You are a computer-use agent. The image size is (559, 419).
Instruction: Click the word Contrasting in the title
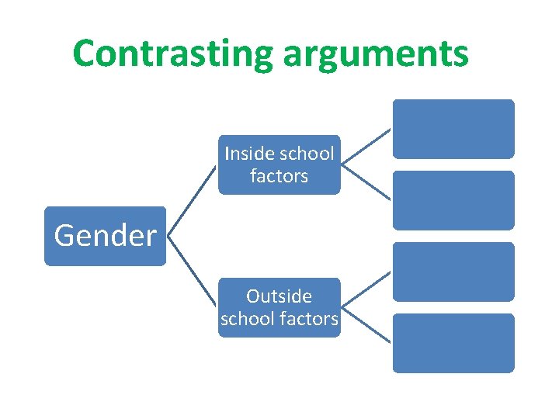pyautogui.click(x=172, y=53)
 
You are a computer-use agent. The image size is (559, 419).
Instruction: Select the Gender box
pyautogui.click(x=105, y=236)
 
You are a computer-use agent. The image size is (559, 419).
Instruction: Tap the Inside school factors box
pyautogui.click(x=279, y=164)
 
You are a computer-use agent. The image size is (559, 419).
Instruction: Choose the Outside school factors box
pyautogui.click(x=279, y=307)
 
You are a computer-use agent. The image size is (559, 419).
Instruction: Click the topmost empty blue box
pyautogui.click(x=453, y=129)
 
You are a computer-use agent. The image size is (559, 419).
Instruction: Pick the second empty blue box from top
pyautogui.click(x=453, y=200)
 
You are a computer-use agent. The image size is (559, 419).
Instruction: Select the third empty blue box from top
pyautogui.click(x=453, y=272)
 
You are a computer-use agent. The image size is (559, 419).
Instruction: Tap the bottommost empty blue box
pyautogui.click(x=453, y=343)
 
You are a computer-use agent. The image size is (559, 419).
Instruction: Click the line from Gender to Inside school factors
pyautogui.click(x=193, y=200)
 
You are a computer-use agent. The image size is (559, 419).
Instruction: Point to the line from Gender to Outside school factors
pyautogui.click(x=193, y=272)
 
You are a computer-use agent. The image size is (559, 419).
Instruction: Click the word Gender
pyautogui.click(x=105, y=236)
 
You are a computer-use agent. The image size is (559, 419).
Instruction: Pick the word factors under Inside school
pyautogui.click(x=279, y=176)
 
